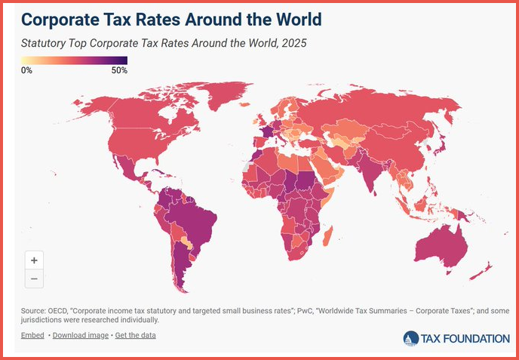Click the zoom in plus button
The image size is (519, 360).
pyautogui.click(x=34, y=260)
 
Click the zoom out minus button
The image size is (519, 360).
pyautogui.click(x=34, y=278)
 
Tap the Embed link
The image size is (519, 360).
pyautogui.click(x=32, y=334)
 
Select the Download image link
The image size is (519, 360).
pyautogui.click(x=81, y=334)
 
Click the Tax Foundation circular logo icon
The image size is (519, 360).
pyautogui.click(x=412, y=338)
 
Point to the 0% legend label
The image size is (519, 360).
pyautogui.click(x=26, y=70)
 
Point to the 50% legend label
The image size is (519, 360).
pyautogui.click(x=119, y=70)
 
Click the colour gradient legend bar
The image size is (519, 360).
pyautogui.click(x=74, y=60)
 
